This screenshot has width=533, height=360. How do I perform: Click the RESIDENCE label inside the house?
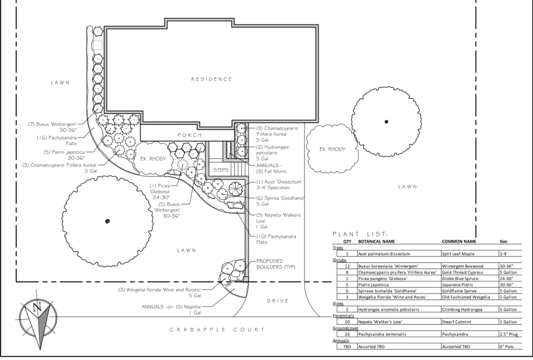coord(211,79)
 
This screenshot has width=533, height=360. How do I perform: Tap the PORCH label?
coord(189,135)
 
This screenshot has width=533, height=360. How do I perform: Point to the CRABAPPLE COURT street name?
coord(218,330)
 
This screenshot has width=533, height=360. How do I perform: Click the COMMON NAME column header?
coord(459,241)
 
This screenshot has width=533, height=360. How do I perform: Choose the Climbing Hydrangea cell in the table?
coord(466,309)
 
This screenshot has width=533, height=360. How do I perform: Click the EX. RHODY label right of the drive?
coord(332,149)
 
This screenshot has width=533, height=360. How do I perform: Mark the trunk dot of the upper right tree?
coord(386,122)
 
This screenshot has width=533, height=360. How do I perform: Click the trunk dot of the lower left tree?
coord(107,221)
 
